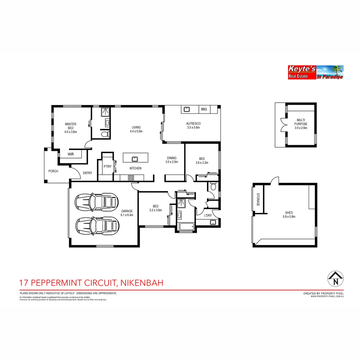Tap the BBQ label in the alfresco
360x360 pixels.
204,109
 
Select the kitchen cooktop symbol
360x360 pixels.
131,178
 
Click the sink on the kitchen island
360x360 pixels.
135,159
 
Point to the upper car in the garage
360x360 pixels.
97,201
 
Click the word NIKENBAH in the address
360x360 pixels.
141,283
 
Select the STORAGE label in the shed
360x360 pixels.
258,199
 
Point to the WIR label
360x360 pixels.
71,154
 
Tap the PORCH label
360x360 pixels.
53,171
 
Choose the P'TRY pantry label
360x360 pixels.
107,167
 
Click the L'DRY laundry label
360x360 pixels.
208,216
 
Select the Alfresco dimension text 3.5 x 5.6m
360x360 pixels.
193,128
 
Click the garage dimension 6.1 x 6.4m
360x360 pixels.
127,215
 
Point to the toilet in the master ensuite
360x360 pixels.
105,134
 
